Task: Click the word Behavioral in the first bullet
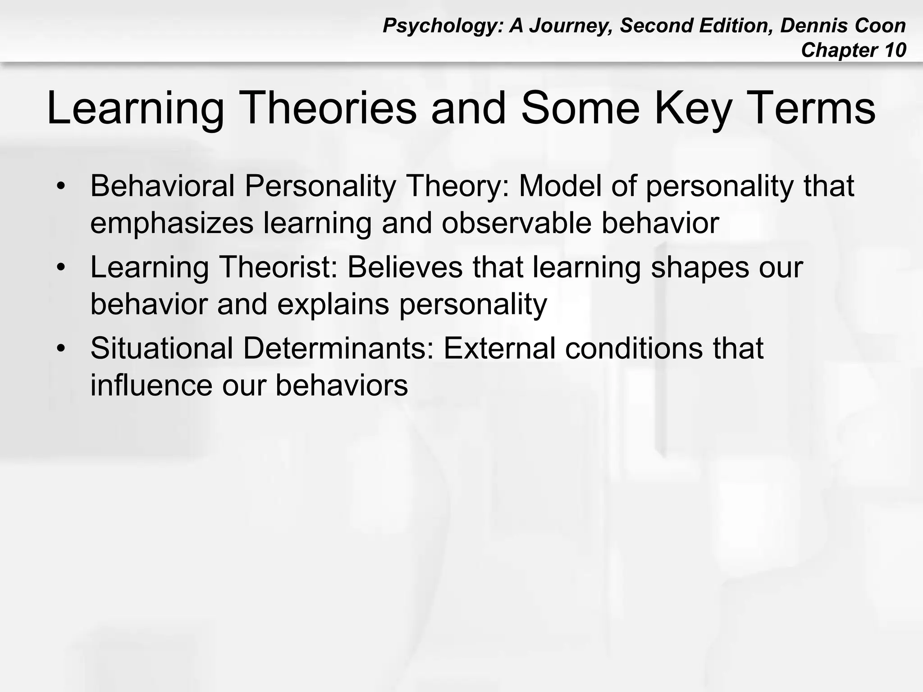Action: click(x=162, y=186)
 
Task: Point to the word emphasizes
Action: click(x=172, y=223)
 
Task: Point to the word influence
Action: click(x=151, y=386)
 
